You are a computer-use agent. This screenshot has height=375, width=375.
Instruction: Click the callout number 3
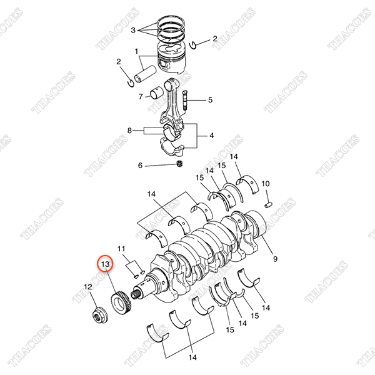coord(132,29)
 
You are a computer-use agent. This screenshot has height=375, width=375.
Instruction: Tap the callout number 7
coord(141,96)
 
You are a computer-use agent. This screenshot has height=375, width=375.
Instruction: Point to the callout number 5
coord(210,100)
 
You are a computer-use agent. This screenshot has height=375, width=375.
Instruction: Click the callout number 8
coord(129,131)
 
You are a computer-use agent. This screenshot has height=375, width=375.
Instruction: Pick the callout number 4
coord(211,136)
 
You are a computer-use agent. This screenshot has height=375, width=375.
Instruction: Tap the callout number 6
coord(140,165)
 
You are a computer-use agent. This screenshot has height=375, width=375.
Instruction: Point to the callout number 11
coord(121,248)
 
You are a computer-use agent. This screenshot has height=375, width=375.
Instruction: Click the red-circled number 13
coord(105,265)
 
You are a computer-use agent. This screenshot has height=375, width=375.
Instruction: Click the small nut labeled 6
coord(179,164)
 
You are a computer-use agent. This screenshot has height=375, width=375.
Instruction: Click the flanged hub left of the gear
coord(98,315)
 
